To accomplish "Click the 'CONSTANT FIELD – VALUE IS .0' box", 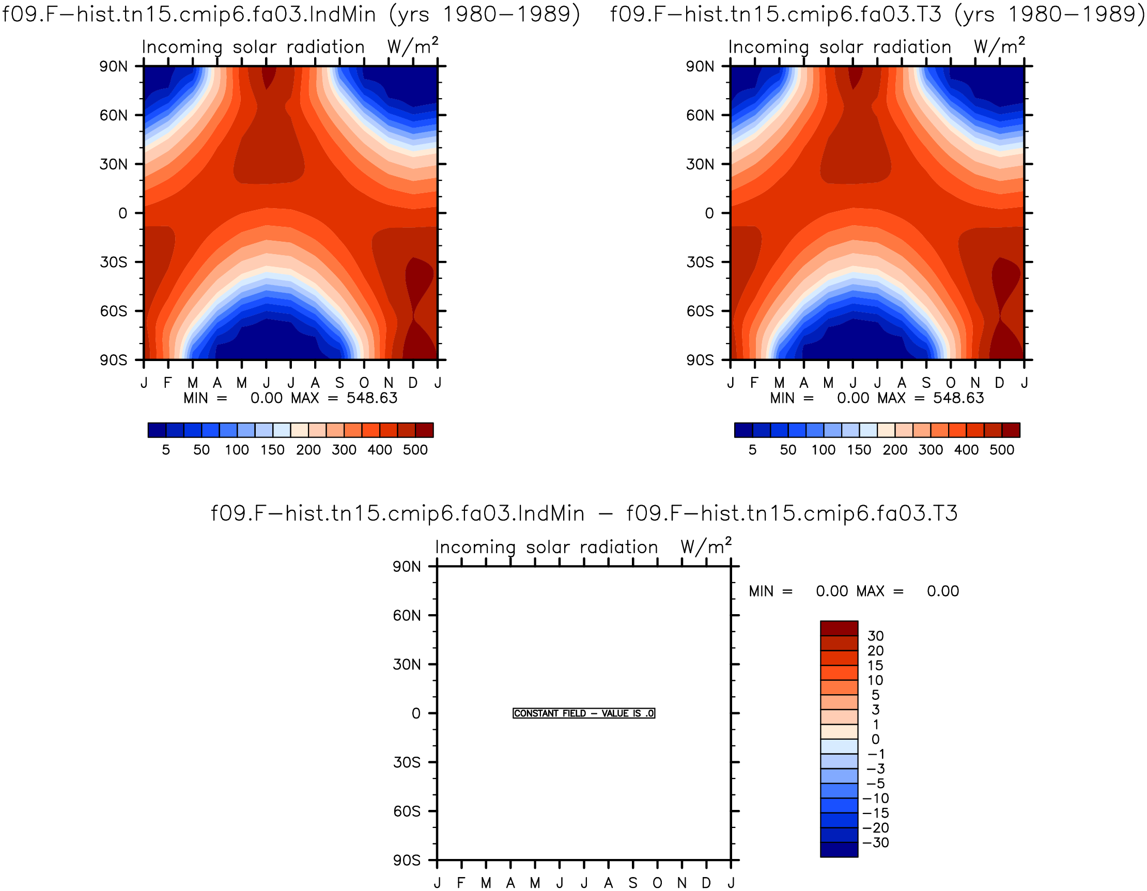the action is click(x=583, y=713).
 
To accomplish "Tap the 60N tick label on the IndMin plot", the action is click(x=114, y=115).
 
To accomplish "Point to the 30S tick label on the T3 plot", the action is click(x=700, y=262).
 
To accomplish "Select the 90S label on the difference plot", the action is click(x=407, y=860).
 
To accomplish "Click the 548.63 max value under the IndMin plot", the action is click(x=372, y=398).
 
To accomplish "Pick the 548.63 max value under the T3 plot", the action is click(x=958, y=398).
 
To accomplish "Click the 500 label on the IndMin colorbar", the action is click(x=415, y=450).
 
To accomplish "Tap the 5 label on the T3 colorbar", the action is click(x=753, y=450).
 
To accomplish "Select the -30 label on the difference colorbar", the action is click(x=876, y=842).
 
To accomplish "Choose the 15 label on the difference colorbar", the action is click(x=875, y=665).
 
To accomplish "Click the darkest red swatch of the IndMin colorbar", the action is click(x=424, y=430).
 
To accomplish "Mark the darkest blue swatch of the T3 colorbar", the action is click(x=743, y=430).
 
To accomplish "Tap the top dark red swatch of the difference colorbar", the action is click(x=839, y=628).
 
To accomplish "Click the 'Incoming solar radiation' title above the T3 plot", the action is click(x=840, y=47).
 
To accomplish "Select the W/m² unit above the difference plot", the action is click(x=706, y=546).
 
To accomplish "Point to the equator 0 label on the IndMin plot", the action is click(x=123, y=213).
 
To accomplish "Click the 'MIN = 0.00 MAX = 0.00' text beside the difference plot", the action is click(x=854, y=591).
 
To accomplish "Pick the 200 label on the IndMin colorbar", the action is click(x=308, y=450).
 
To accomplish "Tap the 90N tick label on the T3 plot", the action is click(x=700, y=66).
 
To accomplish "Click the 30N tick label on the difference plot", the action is click(x=407, y=664).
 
